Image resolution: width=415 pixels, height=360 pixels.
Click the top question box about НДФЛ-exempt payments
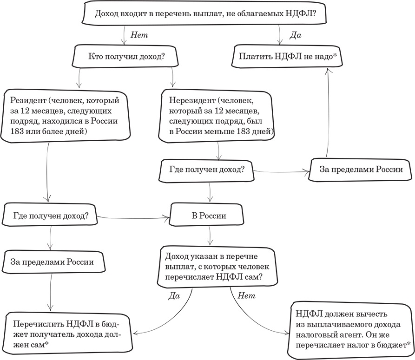pos(205,14)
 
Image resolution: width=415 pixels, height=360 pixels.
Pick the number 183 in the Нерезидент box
pos(250,131)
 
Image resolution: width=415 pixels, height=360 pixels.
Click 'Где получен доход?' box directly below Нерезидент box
pos(204,170)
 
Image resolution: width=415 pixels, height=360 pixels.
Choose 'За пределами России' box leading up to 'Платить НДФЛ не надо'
pos(361,170)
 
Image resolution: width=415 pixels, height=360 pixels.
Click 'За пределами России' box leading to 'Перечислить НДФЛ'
pos(52,262)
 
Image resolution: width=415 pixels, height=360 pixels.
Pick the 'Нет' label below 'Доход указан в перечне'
pos(246,295)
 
